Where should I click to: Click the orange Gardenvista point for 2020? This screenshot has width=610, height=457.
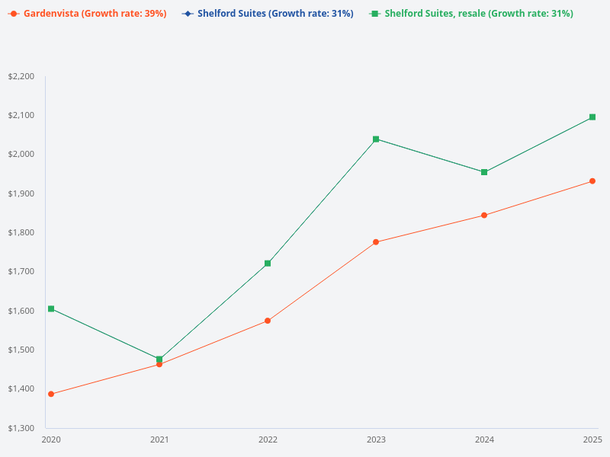coord(51,394)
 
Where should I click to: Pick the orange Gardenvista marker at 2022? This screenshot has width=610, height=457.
coord(268,321)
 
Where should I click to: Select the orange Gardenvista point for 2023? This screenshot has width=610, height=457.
coord(376,242)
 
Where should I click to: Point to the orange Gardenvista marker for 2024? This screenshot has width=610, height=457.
coord(484,216)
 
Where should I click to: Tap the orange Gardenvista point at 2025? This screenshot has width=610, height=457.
coord(592,181)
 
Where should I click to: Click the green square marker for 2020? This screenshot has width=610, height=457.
coord(51,308)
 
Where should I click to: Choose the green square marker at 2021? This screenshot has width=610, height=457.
coord(159,359)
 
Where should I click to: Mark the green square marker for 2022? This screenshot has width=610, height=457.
coord(268,264)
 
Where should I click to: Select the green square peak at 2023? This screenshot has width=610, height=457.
coord(376,139)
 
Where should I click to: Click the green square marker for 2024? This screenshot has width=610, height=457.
coord(484,172)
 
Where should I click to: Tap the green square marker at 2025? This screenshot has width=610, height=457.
coord(592,117)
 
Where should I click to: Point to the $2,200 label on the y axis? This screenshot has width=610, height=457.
coord(21,76)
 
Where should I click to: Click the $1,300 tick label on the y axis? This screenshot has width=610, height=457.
coord(21,428)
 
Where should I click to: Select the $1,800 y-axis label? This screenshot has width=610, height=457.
coord(21,232)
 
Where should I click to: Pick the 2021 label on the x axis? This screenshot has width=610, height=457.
coord(159,439)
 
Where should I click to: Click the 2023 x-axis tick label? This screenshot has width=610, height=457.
coord(376,439)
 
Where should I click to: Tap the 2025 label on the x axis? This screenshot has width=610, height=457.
coord(592,439)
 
